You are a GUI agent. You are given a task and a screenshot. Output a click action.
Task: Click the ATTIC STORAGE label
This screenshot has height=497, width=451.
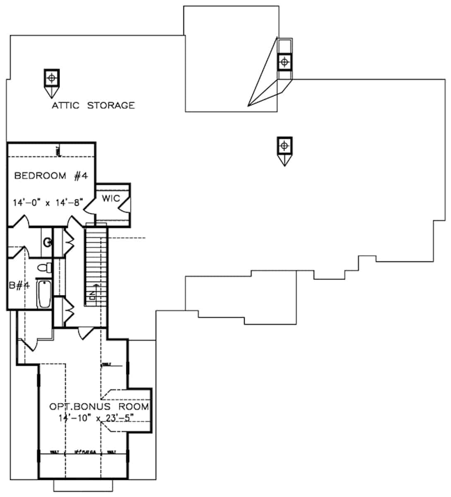coord(93,105)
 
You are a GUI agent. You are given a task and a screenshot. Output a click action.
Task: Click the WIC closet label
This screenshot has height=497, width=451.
coord(111,198)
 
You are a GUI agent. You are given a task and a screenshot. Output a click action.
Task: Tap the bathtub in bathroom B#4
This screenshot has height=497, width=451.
coord(43,294)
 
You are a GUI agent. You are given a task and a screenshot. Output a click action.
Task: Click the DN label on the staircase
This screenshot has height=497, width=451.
coord(92,295)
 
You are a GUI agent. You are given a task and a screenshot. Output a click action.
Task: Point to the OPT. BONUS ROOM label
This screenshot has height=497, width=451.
coord(99,406)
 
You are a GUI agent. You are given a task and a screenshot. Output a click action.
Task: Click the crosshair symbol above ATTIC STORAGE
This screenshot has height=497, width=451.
coord(52,77)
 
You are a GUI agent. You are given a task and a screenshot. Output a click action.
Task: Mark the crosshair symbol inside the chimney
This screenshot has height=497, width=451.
coord(284,62)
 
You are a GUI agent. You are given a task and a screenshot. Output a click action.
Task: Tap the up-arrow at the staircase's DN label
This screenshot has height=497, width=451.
coord(96,286)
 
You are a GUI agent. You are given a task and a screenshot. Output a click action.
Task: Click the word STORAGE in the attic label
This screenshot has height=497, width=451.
coord(111,105)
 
